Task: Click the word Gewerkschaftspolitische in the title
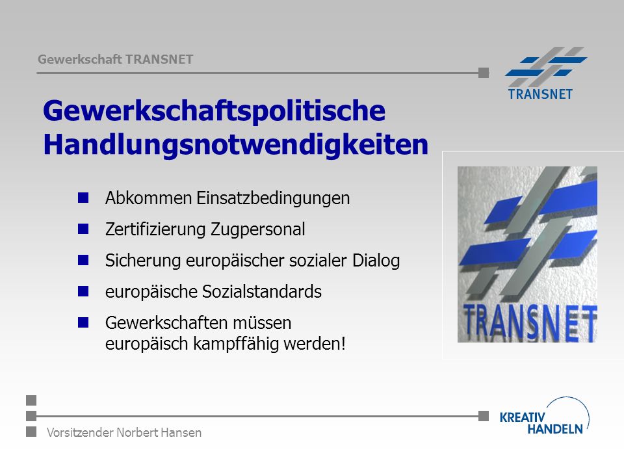click(x=214, y=111)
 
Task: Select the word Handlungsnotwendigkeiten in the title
click(x=235, y=145)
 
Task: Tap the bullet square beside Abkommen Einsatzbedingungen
click(x=83, y=198)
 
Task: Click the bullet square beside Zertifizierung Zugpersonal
click(x=83, y=229)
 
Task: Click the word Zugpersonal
click(x=258, y=229)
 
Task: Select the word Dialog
click(x=376, y=261)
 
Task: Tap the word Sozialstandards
click(x=262, y=292)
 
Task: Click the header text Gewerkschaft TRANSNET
click(x=116, y=59)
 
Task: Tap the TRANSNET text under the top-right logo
click(x=540, y=94)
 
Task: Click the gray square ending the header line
click(x=484, y=73)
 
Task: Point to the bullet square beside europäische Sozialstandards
click(x=83, y=291)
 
